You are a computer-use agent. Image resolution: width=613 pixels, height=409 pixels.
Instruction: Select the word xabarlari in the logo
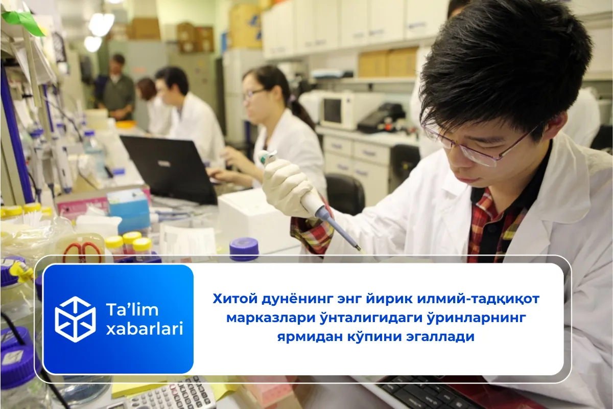[144, 330]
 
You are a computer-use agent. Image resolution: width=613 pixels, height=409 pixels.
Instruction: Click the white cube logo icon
[75, 319]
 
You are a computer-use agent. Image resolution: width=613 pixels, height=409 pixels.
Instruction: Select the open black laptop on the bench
[169, 166]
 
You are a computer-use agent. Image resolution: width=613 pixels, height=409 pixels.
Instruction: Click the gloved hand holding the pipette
[286, 184]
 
